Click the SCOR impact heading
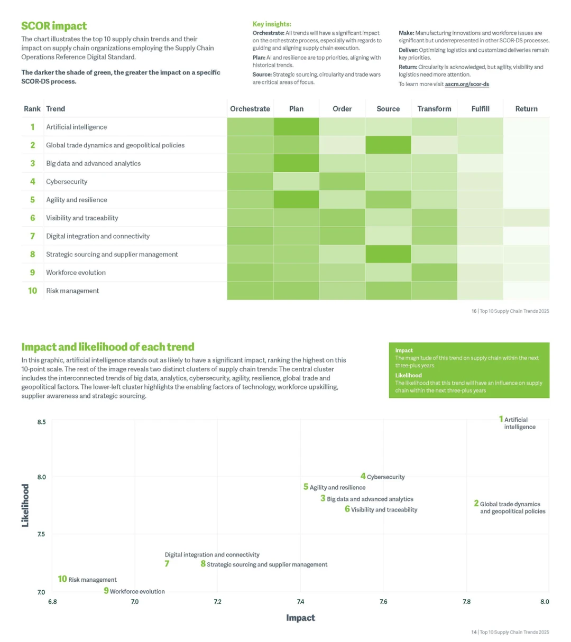54,26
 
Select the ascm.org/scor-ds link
467,84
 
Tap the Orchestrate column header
250,109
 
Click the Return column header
526,109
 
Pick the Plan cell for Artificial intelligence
296,127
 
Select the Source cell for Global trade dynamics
388,145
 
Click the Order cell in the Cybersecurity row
342,181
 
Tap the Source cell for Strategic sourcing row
388,254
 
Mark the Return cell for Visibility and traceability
526,218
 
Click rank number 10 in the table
32,291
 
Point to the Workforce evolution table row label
76,273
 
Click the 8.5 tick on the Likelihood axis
42,422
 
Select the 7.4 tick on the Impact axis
300,601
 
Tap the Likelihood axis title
25,505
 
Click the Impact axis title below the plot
300,617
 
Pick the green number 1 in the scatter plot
501,419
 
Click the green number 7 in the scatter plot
167,564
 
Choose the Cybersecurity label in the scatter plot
385,477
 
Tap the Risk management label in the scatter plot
93,580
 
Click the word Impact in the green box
403,350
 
